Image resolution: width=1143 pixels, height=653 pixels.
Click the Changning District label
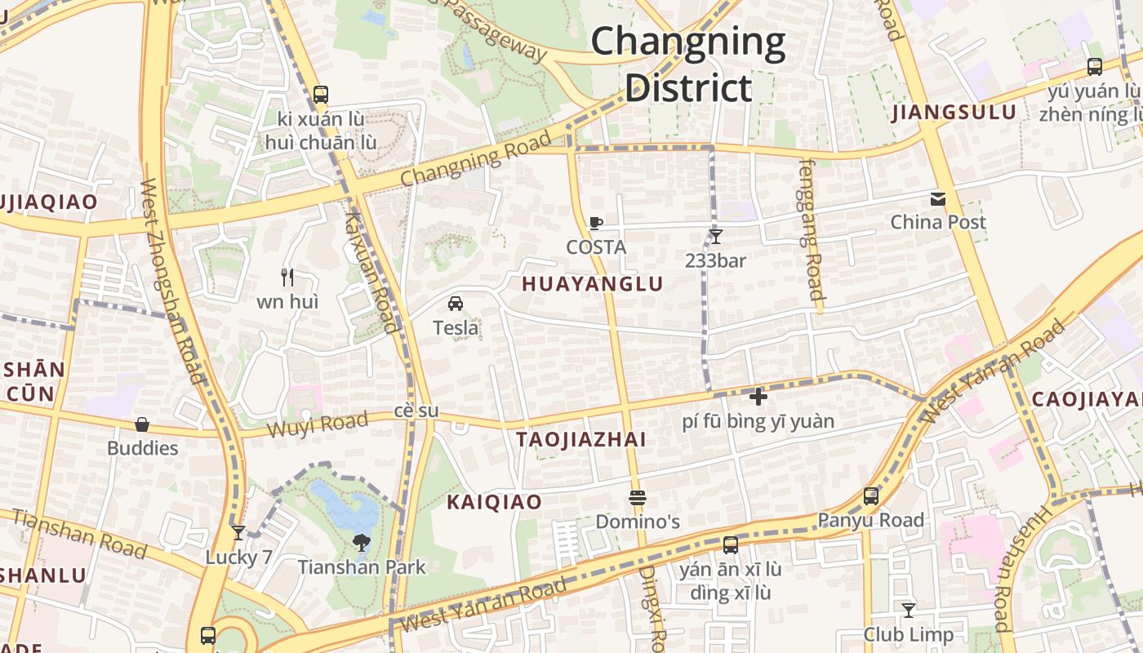click(687, 64)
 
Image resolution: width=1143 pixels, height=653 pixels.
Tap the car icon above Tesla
click(456, 304)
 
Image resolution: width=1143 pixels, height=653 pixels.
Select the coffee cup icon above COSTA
click(596, 223)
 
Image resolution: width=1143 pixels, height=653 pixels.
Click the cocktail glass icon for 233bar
click(716, 237)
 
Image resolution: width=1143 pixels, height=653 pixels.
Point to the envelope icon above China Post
click(937, 198)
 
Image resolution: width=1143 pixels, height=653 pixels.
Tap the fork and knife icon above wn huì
click(287, 278)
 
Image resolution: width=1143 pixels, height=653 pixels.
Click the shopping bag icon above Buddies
click(142, 424)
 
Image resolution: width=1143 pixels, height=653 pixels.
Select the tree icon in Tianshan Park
click(361, 542)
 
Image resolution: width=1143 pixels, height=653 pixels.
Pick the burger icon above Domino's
click(638, 497)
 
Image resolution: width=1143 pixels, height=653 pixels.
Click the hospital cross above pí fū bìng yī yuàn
click(758, 397)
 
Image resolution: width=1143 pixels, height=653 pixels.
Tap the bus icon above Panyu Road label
click(871, 495)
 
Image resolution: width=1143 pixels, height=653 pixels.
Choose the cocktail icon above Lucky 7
click(238, 533)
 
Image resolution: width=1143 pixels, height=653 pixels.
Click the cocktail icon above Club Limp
click(908, 610)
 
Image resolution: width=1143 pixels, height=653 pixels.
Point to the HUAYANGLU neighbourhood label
click(592, 284)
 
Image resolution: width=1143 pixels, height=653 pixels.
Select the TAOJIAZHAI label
click(580, 440)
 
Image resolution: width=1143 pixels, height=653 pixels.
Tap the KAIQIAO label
click(494, 502)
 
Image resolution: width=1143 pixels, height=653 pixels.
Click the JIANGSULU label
click(954, 113)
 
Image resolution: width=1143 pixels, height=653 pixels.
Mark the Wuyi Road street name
click(318, 424)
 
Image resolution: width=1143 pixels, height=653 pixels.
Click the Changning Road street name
click(476, 158)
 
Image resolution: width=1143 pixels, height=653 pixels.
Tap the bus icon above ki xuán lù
click(321, 95)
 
